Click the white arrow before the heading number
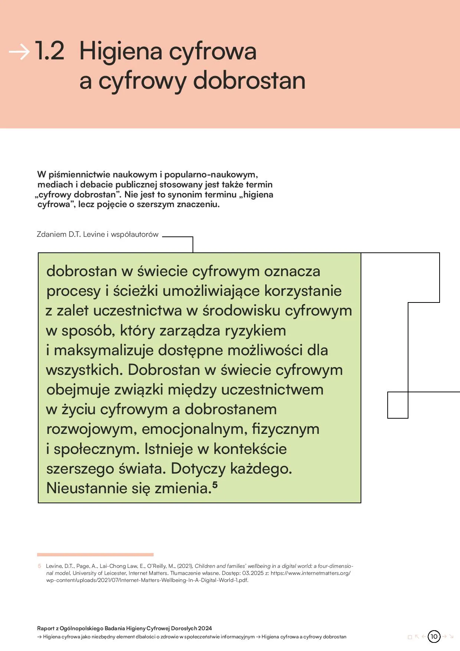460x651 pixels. [x=19, y=52]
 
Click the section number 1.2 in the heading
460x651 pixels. [x=50, y=51]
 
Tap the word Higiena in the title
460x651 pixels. [x=121, y=52]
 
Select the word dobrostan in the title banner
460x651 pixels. [x=249, y=81]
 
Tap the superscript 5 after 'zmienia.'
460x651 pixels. [x=215, y=484]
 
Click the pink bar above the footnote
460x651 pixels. [x=95, y=555]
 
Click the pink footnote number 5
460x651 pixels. [x=39, y=566]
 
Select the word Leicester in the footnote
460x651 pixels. [x=115, y=573]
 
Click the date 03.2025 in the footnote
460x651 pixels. [x=253, y=573]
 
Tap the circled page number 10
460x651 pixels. [x=434, y=637]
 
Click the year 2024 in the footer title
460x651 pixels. [x=205, y=628]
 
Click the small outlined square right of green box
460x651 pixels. [x=398, y=405]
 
